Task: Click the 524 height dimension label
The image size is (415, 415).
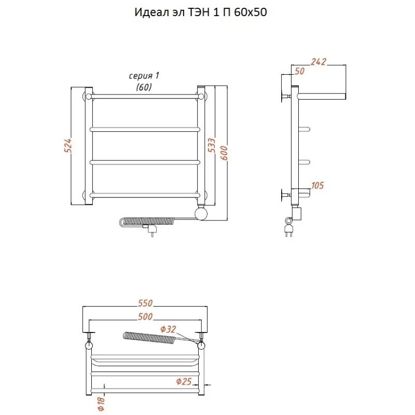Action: click(x=68, y=145)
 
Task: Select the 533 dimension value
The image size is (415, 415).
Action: click(x=212, y=145)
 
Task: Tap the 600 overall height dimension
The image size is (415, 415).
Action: click(x=224, y=153)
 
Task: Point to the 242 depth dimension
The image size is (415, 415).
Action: click(x=319, y=62)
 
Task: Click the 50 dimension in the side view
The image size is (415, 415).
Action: click(x=300, y=71)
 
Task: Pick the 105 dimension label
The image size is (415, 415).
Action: click(x=317, y=185)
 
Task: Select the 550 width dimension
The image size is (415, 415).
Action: click(x=145, y=303)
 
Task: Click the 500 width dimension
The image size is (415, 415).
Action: click(x=145, y=316)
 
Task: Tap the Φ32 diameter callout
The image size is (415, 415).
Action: click(x=168, y=329)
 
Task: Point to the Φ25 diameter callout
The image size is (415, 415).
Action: click(x=184, y=381)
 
